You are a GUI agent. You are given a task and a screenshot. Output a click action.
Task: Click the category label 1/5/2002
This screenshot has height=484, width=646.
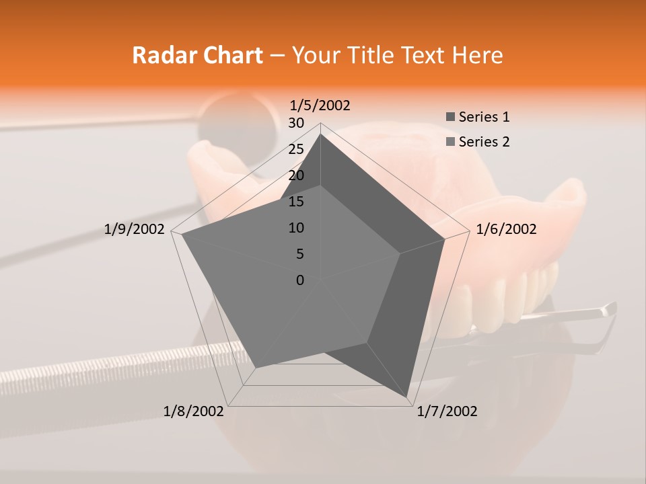pyautogui.click(x=320, y=106)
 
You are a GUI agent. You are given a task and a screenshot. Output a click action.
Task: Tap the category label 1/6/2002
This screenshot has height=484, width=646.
pyautogui.click(x=506, y=229)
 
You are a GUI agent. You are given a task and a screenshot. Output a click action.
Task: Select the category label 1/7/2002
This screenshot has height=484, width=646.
pyautogui.click(x=447, y=411)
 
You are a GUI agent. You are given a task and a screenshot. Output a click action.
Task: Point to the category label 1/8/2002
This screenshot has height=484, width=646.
pyautogui.click(x=194, y=411)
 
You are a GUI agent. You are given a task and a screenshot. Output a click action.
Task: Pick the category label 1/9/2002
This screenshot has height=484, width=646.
pyautogui.click(x=134, y=229)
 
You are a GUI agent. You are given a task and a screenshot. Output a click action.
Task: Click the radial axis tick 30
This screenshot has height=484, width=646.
pyautogui.click(x=296, y=123)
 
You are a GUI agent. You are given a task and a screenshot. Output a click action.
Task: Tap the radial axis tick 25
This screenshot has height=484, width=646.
pyautogui.click(x=296, y=149)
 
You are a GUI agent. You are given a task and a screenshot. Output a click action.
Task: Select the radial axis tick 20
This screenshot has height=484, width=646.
pyautogui.click(x=296, y=175)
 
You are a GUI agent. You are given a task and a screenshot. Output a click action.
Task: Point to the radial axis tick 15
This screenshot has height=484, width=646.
pyautogui.click(x=296, y=202)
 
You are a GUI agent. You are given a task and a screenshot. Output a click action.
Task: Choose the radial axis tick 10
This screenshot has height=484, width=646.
pyautogui.click(x=296, y=228)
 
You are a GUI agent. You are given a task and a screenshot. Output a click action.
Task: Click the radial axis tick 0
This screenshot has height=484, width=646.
pyautogui.click(x=300, y=280)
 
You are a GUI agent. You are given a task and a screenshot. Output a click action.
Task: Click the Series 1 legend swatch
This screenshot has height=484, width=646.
pyautogui.click(x=450, y=118)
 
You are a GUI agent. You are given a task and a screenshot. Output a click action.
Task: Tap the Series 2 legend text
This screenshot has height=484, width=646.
pyautogui.click(x=484, y=142)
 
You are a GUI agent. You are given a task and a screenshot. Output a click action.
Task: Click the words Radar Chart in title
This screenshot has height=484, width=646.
pyautogui.click(x=197, y=55)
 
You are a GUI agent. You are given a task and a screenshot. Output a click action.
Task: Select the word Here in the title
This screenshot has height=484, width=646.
pyautogui.click(x=477, y=55)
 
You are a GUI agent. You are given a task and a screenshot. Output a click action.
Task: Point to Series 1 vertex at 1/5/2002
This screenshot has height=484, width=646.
pyautogui.click(x=320, y=134)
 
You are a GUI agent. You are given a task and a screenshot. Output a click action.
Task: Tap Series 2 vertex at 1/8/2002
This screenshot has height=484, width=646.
pyautogui.click(x=256, y=368)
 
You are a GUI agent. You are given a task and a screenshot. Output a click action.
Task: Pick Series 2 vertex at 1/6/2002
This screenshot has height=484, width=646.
pyautogui.click(x=400, y=253)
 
